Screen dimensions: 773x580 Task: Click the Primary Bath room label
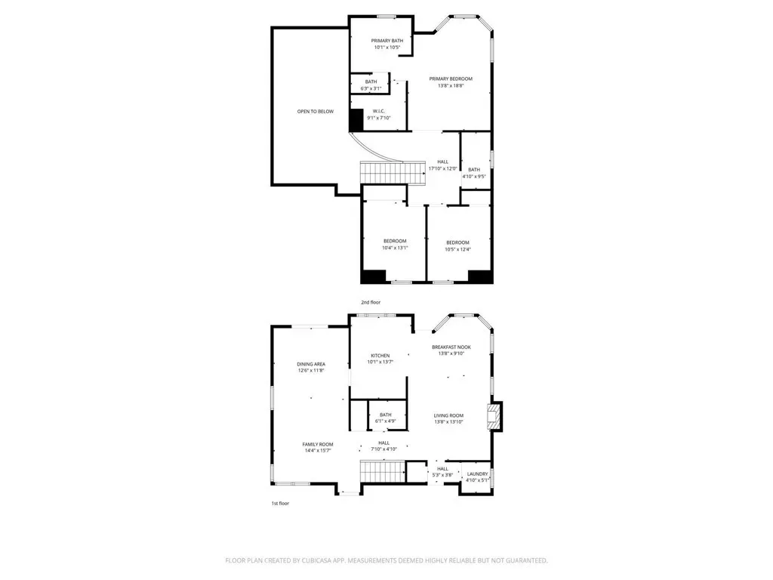pyautogui.click(x=387, y=41)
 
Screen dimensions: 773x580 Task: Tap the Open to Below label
pyautogui.click(x=316, y=112)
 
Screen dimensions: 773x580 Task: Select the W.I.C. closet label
pyautogui.click(x=379, y=111)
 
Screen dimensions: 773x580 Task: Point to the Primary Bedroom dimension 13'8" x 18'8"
pyautogui.click(x=451, y=86)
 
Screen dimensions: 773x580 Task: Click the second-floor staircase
pyautogui.click(x=393, y=173)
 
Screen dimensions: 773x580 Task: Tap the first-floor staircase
pyautogui.click(x=383, y=471)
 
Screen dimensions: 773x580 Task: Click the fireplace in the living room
pyautogui.click(x=494, y=417)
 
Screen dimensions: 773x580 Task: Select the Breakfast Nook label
pyautogui.click(x=451, y=347)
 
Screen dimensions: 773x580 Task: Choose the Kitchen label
pyautogui.click(x=380, y=356)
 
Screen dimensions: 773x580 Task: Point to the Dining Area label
pyautogui.click(x=311, y=364)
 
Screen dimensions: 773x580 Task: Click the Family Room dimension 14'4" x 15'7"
pyautogui.click(x=318, y=450)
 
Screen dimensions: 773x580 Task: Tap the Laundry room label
pyautogui.click(x=477, y=474)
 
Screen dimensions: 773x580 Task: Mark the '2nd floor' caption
pyautogui.click(x=371, y=302)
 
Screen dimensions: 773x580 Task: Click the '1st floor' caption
pyautogui.click(x=280, y=504)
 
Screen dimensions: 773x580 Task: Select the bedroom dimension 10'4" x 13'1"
pyautogui.click(x=395, y=248)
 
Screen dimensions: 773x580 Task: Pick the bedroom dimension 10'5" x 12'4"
pyautogui.click(x=458, y=249)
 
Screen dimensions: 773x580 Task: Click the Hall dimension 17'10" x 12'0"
pyautogui.click(x=442, y=168)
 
